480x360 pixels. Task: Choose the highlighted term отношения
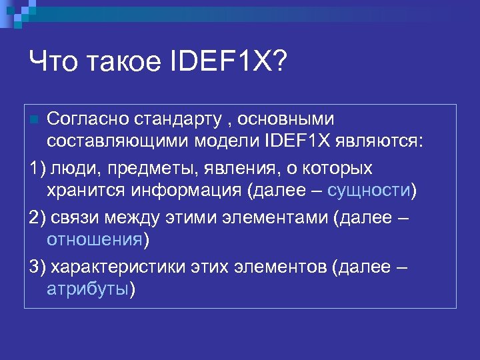point(95,239)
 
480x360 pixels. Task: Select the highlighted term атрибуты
point(87,290)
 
